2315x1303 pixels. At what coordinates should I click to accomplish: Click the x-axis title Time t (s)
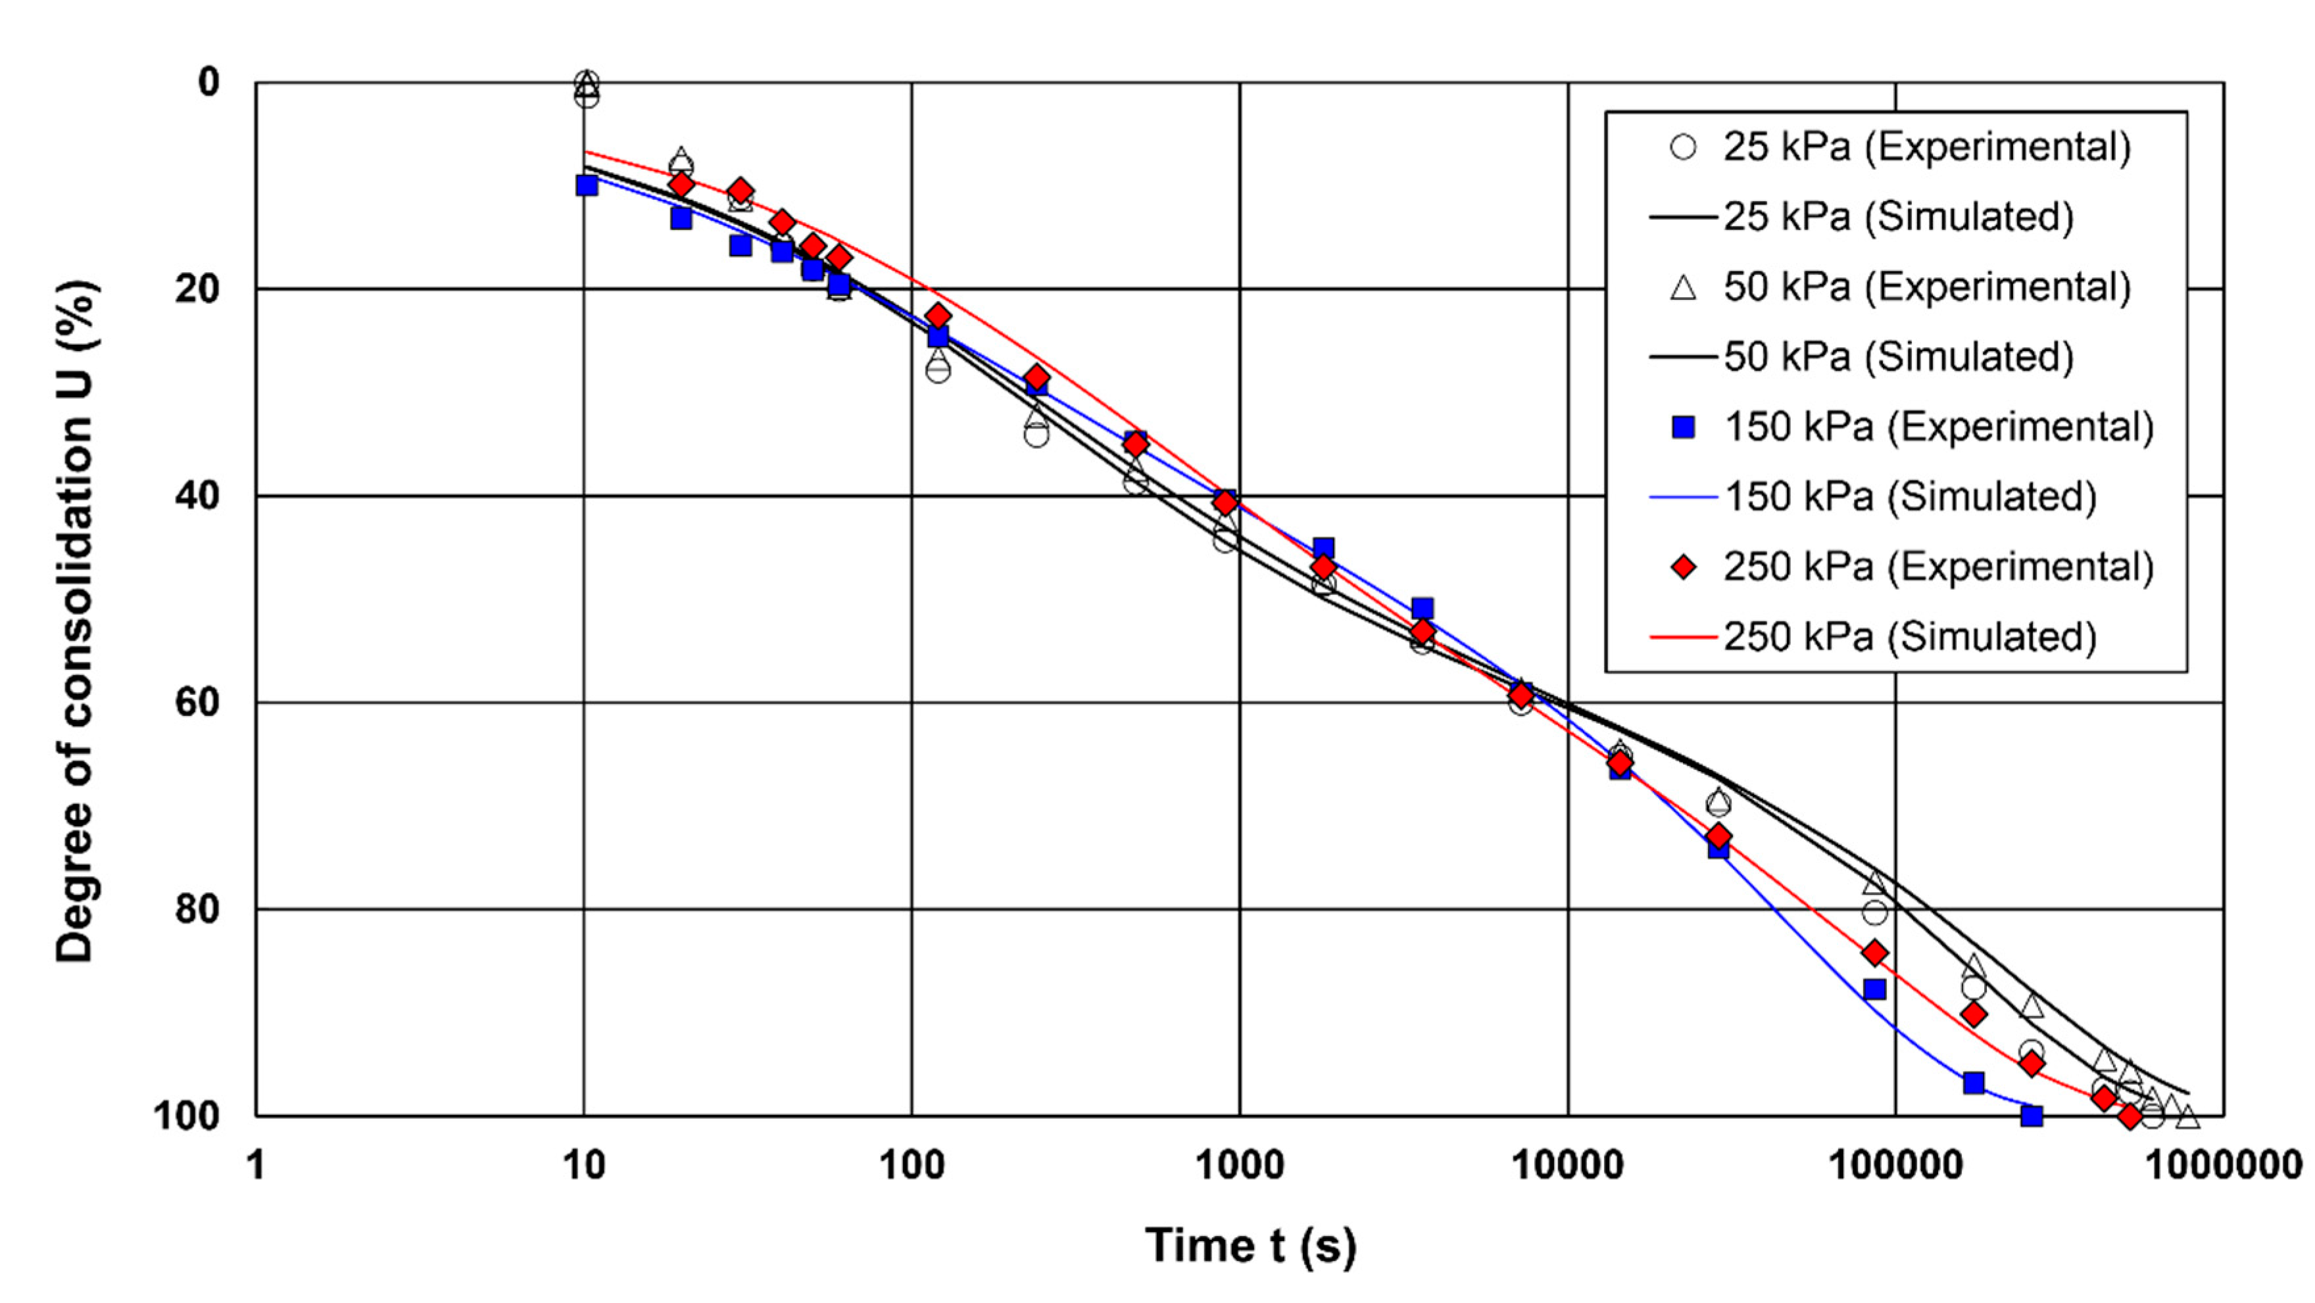(1250, 1246)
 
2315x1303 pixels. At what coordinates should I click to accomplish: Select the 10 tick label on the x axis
(584, 1166)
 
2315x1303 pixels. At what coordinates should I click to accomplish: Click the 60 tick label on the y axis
(197, 703)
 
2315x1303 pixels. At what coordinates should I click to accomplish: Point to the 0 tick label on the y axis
(208, 83)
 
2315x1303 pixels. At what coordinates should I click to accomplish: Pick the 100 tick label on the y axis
(186, 1116)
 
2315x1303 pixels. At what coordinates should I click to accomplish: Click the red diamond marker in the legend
(1683, 567)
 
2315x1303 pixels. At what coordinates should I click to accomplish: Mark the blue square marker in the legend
(1683, 427)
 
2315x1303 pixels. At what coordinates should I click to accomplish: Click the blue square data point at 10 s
(587, 185)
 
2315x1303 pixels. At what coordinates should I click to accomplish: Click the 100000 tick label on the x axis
(1896, 1166)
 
